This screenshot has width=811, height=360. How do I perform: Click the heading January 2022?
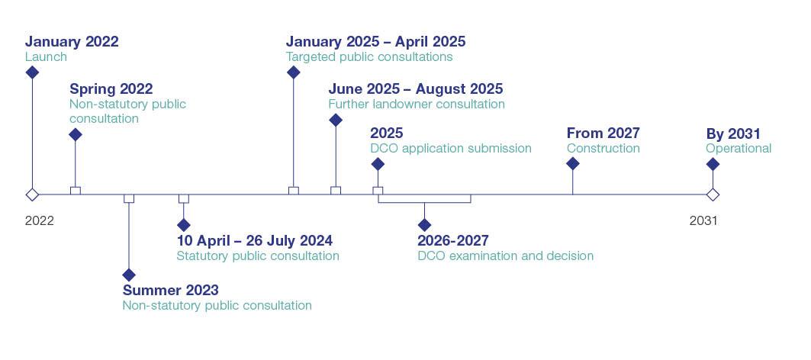[72, 42]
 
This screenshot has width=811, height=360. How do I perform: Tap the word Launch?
[46, 57]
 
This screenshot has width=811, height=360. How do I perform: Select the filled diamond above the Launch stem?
[32, 72]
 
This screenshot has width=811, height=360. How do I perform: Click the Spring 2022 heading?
[111, 89]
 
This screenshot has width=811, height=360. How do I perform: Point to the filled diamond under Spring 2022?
[75, 135]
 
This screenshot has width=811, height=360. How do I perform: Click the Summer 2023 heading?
[170, 291]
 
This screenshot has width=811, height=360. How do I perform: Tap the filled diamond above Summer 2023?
[129, 275]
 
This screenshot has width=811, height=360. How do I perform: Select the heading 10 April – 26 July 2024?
[255, 241]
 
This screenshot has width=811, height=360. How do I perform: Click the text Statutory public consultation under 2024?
[258, 256]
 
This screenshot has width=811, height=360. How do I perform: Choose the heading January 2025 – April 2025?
[375, 42]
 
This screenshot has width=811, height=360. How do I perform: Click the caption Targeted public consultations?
[369, 57]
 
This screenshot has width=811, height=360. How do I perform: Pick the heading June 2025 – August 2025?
[416, 89]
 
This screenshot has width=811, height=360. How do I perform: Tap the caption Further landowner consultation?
[417, 104]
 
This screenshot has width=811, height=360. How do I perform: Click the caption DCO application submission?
[451, 149]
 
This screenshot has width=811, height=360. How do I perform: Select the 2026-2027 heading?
[453, 241]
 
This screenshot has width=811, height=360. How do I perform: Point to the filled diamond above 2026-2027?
[425, 225]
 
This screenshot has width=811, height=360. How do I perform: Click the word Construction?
[603, 149]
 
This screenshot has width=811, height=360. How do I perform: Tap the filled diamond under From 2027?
[573, 164]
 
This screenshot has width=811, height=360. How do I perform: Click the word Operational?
[739, 149]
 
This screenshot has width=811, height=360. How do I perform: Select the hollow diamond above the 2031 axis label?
[713, 194]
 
